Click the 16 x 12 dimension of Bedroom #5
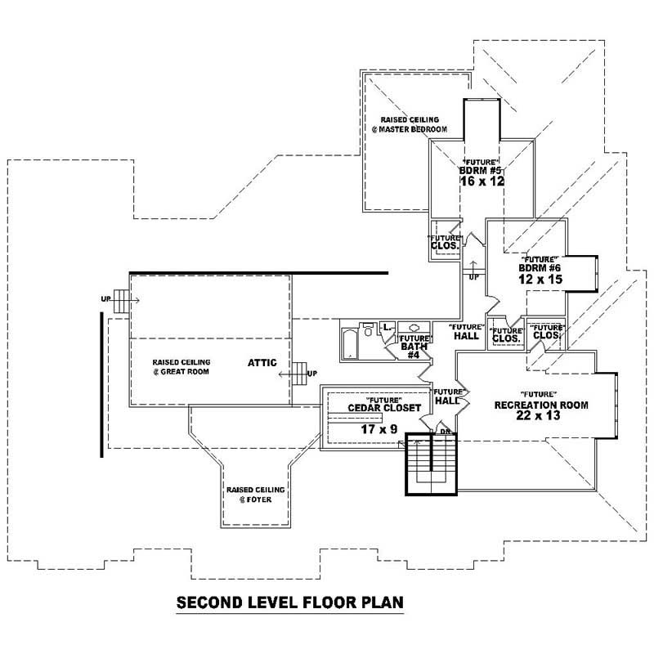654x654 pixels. pyautogui.click(x=482, y=181)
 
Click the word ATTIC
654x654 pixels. pyautogui.click(x=264, y=362)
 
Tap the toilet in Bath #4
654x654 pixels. pyautogui.click(x=368, y=329)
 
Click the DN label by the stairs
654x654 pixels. pyautogui.click(x=446, y=431)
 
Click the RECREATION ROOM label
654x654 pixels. pyautogui.click(x=540, y=405)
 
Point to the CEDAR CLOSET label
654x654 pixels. pyautogui.click(x=384, y=408)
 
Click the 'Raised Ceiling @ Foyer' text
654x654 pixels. pyautogui.click(x=254, y=495)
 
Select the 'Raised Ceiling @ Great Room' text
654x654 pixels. pyautogui.click(x=181, y=366)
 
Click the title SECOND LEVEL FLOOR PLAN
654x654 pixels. pyautogui.click(x=290, y=604)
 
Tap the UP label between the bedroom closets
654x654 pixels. pyautogui.click(x=473, y=276)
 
